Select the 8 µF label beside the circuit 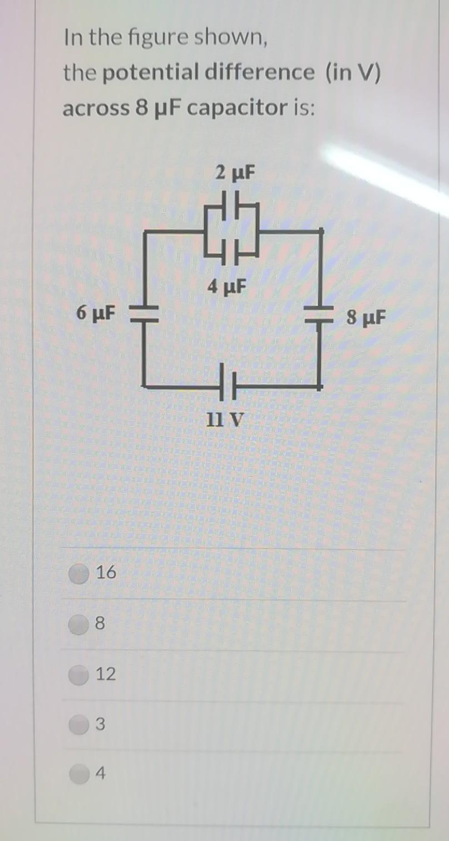point(364,318)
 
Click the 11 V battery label point(225,418)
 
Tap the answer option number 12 point(106,675)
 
